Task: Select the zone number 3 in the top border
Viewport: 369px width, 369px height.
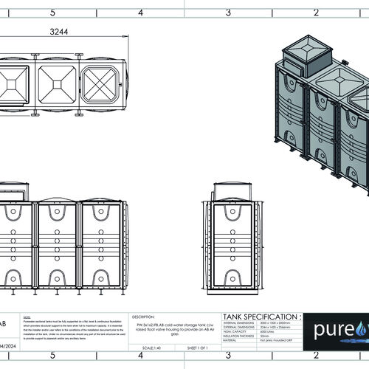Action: point(228,12)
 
